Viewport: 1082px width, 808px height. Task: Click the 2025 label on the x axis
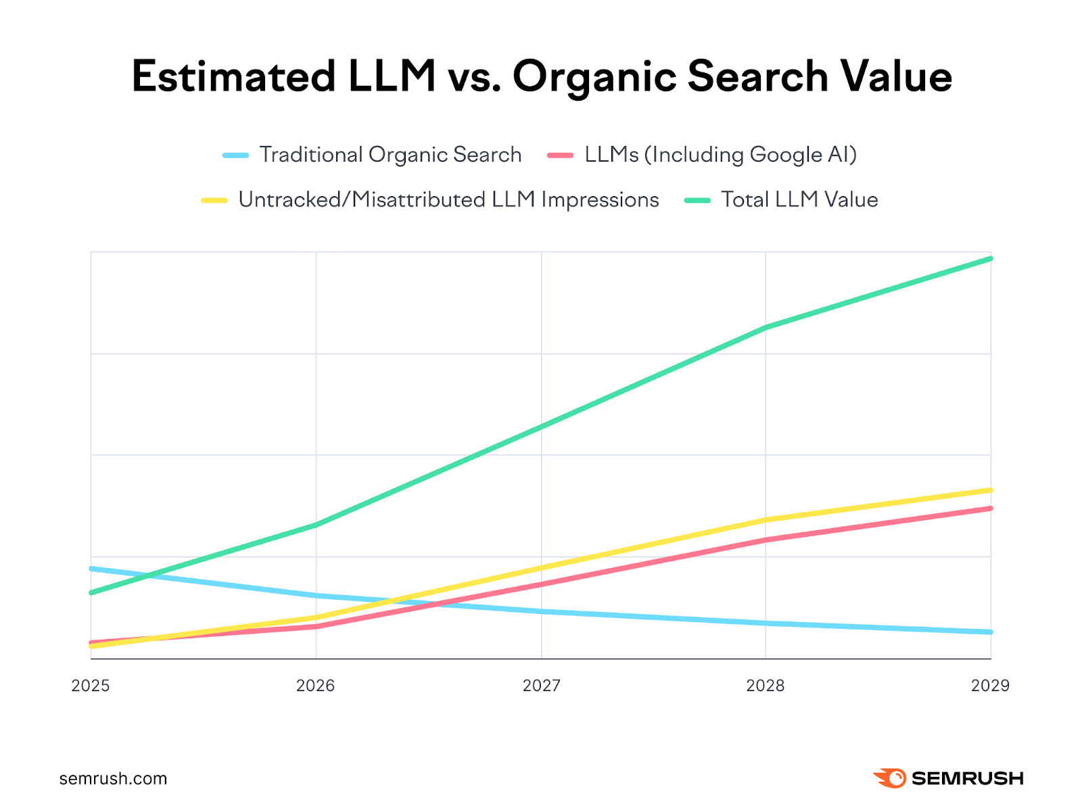[91, 686]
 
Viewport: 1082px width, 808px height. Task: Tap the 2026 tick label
[315, 686]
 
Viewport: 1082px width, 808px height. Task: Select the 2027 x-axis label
[541, 686]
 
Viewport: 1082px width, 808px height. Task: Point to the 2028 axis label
[765, 686]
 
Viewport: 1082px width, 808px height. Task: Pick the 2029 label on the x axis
[990, 686]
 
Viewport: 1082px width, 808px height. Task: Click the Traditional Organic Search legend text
[390, 155]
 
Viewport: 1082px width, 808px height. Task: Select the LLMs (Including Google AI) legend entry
[720, 155]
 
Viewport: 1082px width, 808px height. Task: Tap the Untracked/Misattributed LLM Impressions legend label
[448, 200]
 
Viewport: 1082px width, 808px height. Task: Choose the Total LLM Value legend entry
[799, 200]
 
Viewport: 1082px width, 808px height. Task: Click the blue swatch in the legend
[235, 156]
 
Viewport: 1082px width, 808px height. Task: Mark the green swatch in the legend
[697, 201]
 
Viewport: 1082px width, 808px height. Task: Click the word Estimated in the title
[233, 76]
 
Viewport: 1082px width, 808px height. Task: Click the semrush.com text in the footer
[113, 779]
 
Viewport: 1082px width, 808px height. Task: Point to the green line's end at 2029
[990, 258]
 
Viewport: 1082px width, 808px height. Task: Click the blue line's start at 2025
[92, 569]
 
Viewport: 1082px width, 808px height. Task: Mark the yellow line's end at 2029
[990, 490]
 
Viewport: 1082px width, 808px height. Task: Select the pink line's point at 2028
[765, 540]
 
